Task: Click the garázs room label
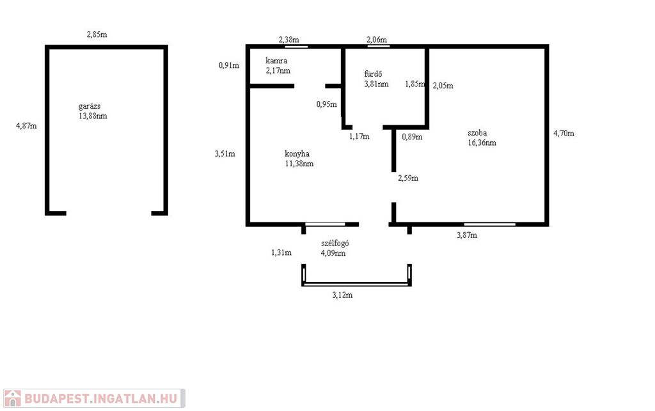pos(90,106)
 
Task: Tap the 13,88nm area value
pos(93,116)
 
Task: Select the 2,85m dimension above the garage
pos(97,35)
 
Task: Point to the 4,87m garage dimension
pos(26,125)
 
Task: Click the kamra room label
pos(276,61)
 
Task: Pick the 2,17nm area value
pos(278,70)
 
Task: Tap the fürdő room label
pos(373,74)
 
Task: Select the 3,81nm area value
pos(376,84)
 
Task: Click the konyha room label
pos(297,153)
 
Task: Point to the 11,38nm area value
pos(299,164)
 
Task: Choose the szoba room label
pos(477,133)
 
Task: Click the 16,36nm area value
pos(482,143)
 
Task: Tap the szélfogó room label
pos(335,244)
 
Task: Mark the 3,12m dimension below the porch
pos(343,295)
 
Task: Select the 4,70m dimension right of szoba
pos(564,134)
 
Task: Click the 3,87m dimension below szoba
pos(467,235)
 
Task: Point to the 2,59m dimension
pos(408,178)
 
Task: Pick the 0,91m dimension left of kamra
pos(229,65)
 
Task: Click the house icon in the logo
pos(13,398)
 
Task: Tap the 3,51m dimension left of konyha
pos(225,153)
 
